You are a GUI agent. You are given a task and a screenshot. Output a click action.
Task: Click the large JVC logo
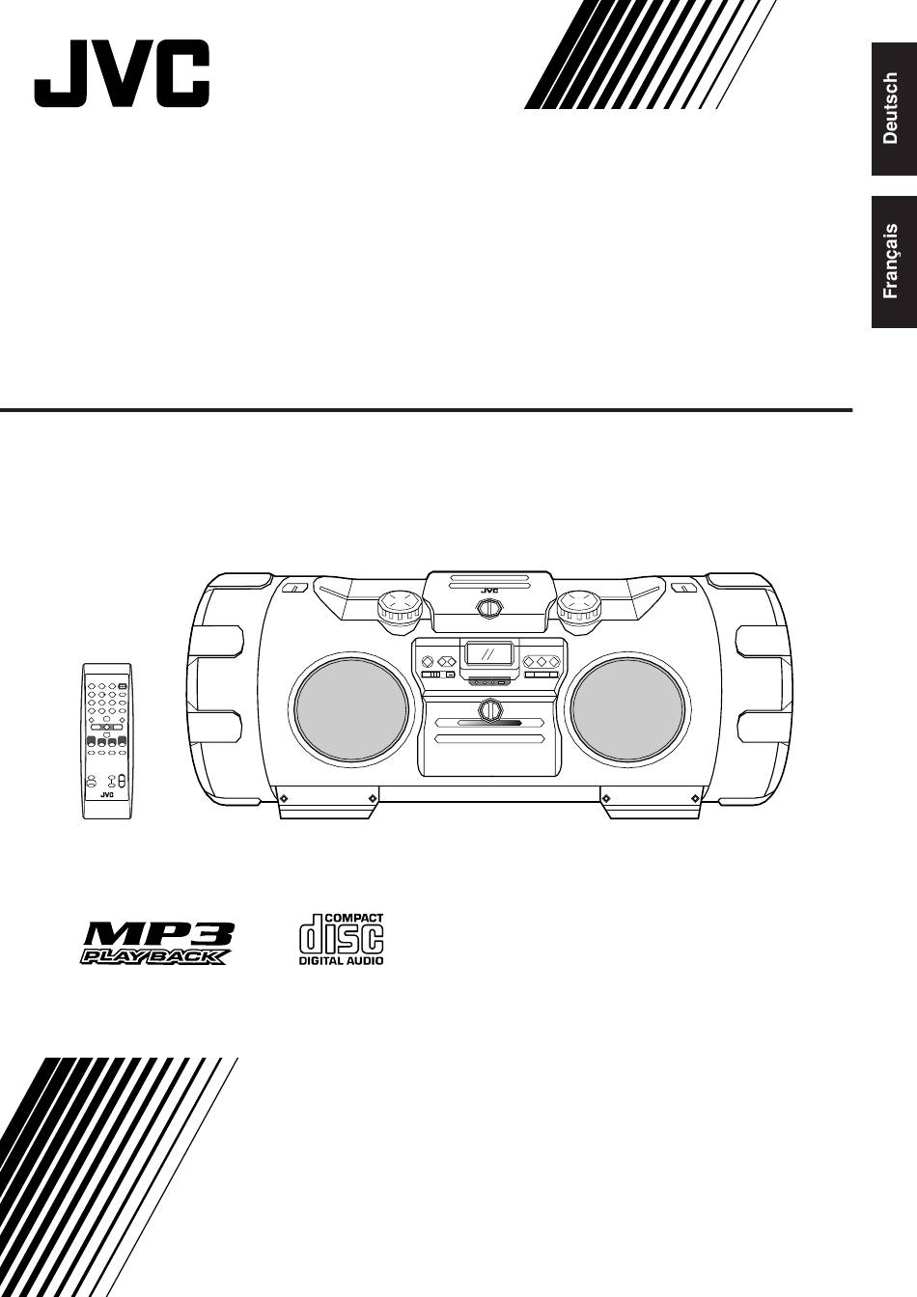pyautogui.click(x=122, y=73)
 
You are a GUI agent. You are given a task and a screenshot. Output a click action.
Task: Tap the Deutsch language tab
pyautogui.click(x=894, y=109)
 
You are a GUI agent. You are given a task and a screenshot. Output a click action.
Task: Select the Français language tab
pyautogui.click(x=894, y=262)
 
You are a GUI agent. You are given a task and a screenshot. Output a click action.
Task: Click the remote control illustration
pyautogui.click(x=106, y=740)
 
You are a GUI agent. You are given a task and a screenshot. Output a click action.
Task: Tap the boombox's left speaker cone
pyautogui.click(x=351, y=710)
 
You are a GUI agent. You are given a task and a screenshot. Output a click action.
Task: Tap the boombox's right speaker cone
pyautogui.click(x=627, y=710)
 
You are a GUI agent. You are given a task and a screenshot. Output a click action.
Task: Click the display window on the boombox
pyautogui.click(x=489, y=654)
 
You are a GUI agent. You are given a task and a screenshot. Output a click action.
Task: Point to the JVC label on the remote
pyautogui.click(x=106, y=794)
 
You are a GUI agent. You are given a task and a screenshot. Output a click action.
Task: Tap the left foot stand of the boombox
pyautogui.click(x=327, y=802)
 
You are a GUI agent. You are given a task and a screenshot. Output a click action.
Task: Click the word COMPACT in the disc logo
pyautogui.click(x=354, y=918)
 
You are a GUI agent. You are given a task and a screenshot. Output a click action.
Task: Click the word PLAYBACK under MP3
pyautogui.click(x=153, y=956)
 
